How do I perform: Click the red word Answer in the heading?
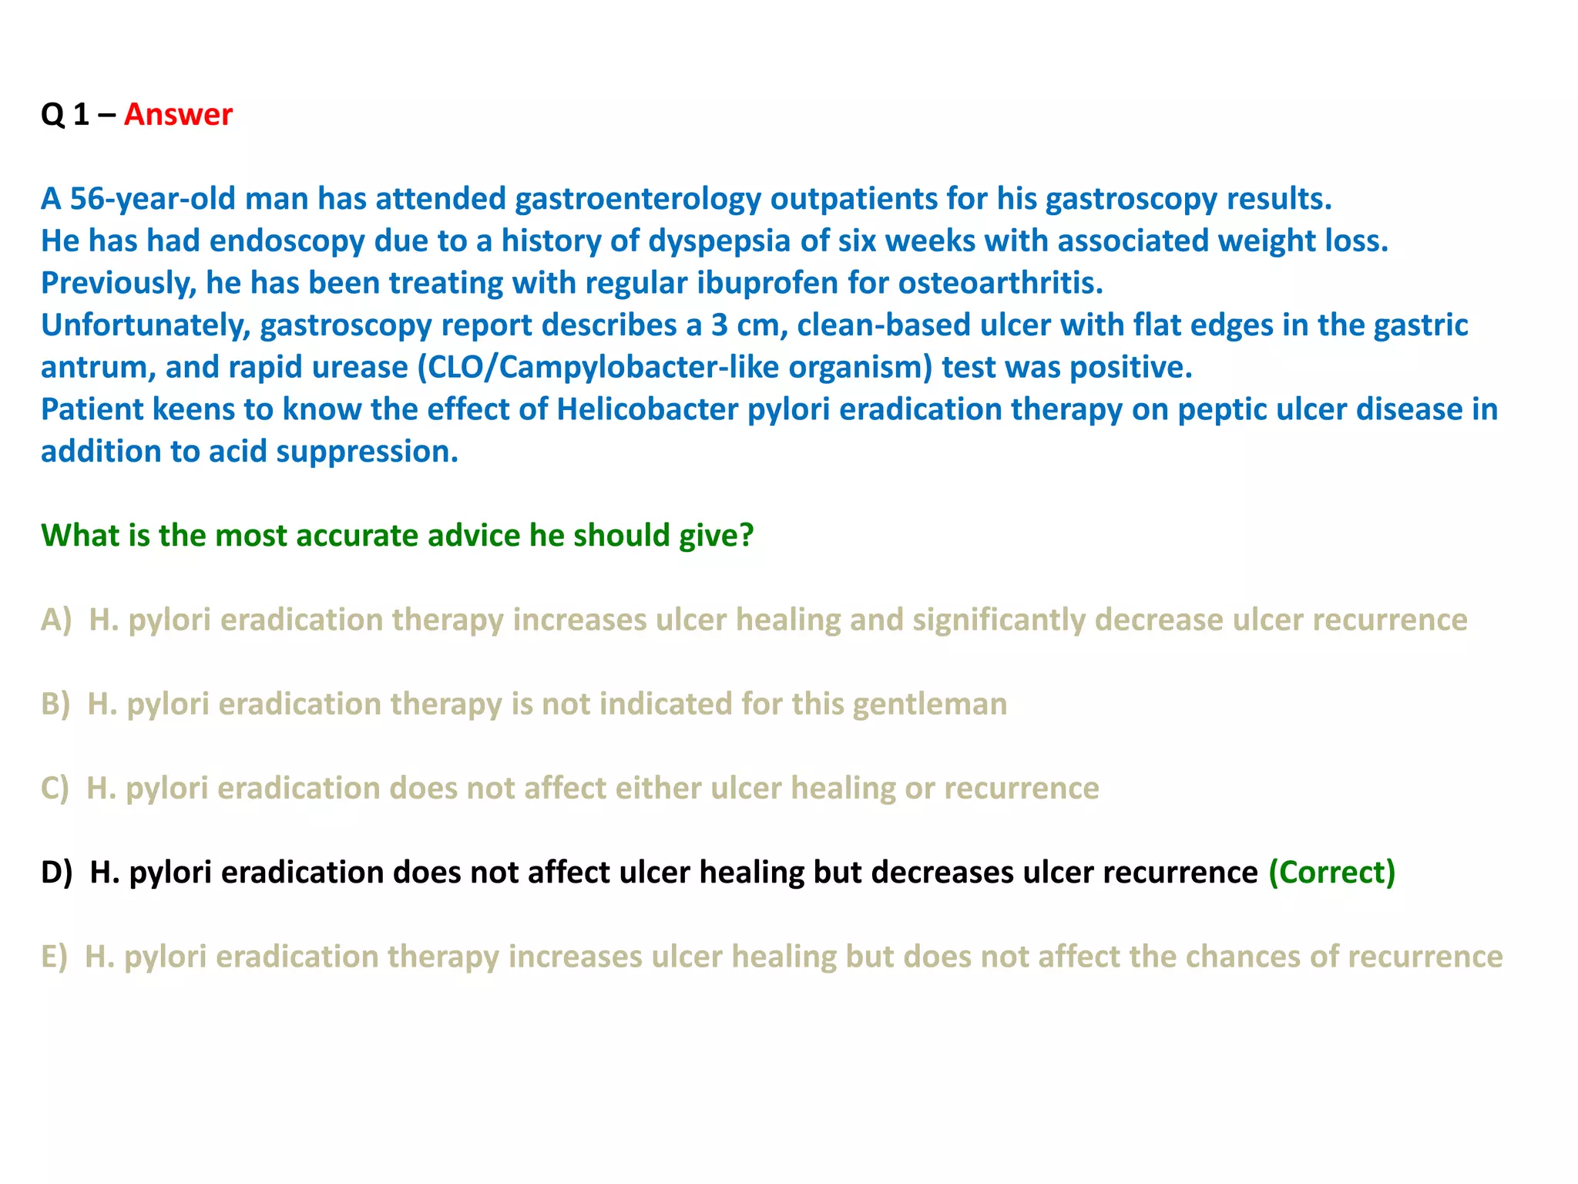(178, 114)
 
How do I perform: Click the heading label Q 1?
(65, 114)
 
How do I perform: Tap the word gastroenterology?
(638, 199)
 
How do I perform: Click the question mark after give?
(746, 536)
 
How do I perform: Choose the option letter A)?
(56, 620)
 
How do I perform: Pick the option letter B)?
(55, 704)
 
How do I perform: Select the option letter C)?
(55, 788)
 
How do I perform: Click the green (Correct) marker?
(1331, 873)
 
